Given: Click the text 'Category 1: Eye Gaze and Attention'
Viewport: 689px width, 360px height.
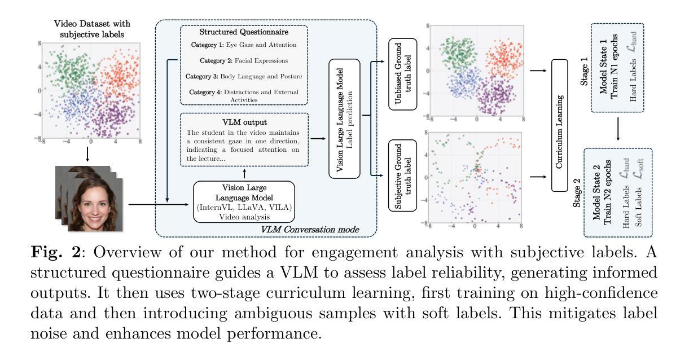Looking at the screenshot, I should pyautogui.click(x=243, y=45).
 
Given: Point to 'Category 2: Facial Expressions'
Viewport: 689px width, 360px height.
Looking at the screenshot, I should pyautogui.click(x=243, y=60).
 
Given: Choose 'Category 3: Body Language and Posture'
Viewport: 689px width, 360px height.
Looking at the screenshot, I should pyautogui.click(x=243, y=76).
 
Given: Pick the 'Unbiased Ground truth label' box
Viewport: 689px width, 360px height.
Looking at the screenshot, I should pyautogui.click(x=402, y=74).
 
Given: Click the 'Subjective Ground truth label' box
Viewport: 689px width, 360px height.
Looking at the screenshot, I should pyautogui.click(x=402, y=177).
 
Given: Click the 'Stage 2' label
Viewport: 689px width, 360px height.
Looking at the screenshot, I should pyautogui.click(x=578, y=190).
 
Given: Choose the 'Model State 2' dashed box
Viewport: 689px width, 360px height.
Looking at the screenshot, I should pyautogui.click(x=620, y=192).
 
